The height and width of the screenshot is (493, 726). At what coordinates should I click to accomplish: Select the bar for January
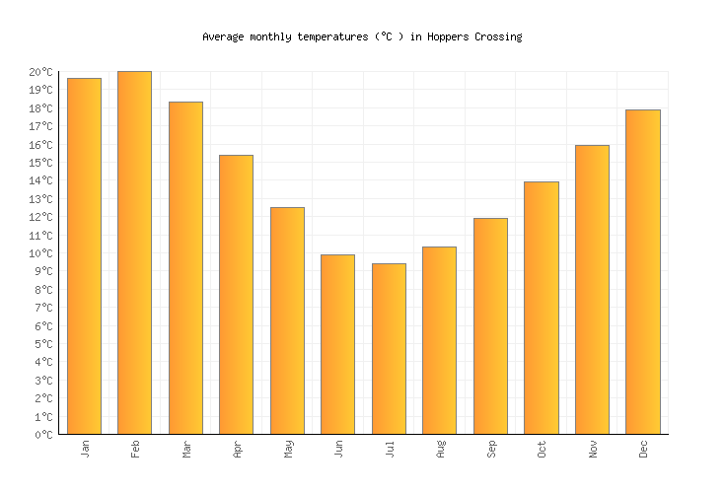[x=84, y=256]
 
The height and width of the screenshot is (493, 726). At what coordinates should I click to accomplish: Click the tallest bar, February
[x=134, y=252]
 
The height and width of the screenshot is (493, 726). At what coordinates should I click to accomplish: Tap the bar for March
[x=185, y=268]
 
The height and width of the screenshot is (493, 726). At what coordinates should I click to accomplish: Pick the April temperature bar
[x=236, y=295]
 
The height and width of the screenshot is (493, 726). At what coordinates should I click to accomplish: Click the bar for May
[x=287, y=320]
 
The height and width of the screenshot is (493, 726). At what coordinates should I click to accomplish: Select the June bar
[x=337, y=344]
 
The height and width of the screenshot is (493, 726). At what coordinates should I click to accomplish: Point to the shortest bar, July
[x=389, y=349]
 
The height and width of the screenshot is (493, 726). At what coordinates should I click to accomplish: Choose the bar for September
[x=490, y=326]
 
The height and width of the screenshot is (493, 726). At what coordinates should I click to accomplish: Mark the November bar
[x=592, y=290]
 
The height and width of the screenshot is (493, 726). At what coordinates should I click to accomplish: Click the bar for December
[x=642, y=272]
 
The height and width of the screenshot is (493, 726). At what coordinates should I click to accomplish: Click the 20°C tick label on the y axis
[x=40, y=72]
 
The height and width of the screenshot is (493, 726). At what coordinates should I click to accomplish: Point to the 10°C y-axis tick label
[x=40, y=253]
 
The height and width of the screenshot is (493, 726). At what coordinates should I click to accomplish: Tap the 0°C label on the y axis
[x=43, y=434]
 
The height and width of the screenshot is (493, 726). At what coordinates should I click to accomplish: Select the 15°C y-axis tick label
[x=40, y=163]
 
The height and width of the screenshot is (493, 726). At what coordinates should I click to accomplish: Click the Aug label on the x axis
[x=441, y=449]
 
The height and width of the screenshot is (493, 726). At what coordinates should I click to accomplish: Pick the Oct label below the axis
[x=543, y=449]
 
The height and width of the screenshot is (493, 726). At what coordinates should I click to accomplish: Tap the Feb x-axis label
[x=136, y=449]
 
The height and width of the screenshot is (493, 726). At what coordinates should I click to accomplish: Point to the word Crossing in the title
[x=497, y=36]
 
